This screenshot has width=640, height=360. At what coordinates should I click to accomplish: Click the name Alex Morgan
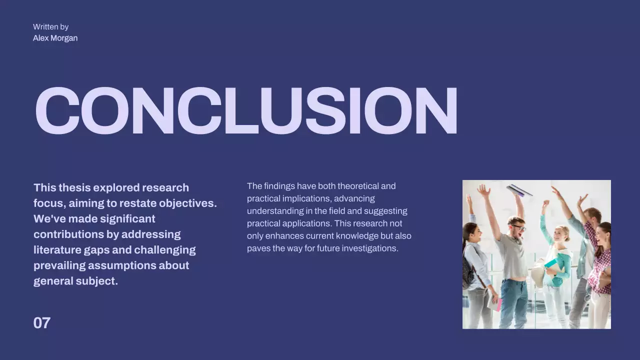click(x=55, y=38)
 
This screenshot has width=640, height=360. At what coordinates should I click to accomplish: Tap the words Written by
click(x=50, y=27)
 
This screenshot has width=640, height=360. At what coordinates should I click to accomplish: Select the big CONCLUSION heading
click(x=246, y=111)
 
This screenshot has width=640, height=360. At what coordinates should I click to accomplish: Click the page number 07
click(x=42, y=323)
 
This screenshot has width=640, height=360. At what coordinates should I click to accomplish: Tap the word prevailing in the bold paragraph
click(x=59, y=265)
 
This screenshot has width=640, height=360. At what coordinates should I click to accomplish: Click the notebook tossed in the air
click(x=518, y=190)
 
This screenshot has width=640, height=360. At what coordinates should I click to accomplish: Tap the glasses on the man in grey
click(x=518, y=228)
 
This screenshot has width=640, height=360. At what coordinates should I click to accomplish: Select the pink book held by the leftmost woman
click(x=498, y=304)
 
